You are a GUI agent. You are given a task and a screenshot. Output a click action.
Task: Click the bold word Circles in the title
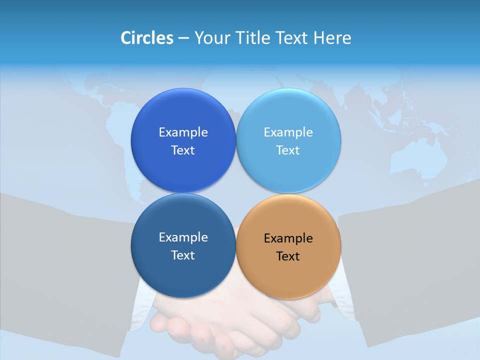click(146, 38)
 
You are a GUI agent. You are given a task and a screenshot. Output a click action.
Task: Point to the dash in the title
click(183, 38)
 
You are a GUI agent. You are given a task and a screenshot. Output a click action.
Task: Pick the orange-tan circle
click(288, 275)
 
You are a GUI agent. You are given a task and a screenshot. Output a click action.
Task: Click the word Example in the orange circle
click(288, 238)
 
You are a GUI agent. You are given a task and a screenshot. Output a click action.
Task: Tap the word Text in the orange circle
click(288, 256)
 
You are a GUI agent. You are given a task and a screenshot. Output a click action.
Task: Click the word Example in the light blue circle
click(288, 132)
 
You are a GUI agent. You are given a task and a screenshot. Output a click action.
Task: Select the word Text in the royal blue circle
click(183, 150)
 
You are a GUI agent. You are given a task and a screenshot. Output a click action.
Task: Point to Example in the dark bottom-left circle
click(183, 237)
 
